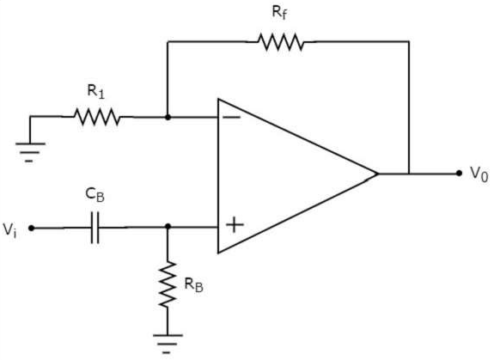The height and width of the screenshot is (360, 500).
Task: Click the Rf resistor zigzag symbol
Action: [x=279, y=41]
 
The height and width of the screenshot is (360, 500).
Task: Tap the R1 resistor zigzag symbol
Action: [x=97, y=116]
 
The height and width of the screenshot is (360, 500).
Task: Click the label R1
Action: [x=97, y=90]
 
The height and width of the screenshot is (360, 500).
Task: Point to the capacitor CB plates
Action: [x=95, y=229]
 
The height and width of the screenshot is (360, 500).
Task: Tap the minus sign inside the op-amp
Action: [x=233, y=118]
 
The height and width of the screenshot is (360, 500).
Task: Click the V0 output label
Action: [x=479, y=174]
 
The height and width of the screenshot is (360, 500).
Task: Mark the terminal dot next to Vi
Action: [x=32, y=229]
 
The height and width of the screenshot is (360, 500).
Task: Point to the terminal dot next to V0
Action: [x=460, y=174]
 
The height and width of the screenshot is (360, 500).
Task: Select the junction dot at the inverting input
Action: [x=168, y=116]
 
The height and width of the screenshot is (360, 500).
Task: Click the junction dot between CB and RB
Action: [x=168, y=229]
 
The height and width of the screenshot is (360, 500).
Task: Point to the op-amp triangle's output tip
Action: [x=378, y=174]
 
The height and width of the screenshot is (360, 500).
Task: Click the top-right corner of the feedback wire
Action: [x=409, y=41]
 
